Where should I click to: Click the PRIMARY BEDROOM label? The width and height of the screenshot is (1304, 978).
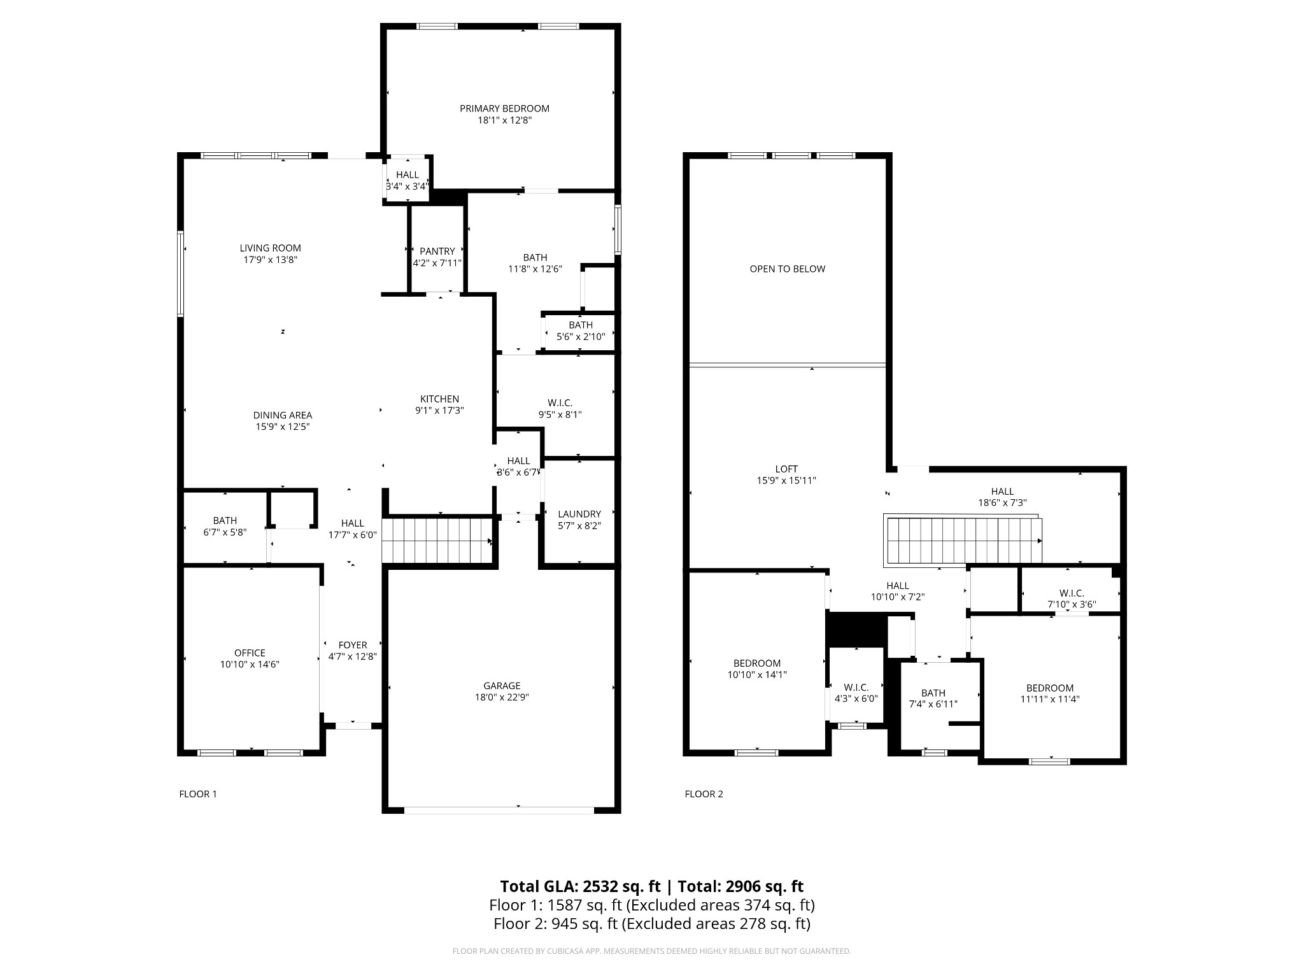click(x=504, y=109)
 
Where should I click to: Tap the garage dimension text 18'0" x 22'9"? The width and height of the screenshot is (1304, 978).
click(x=502, y=697)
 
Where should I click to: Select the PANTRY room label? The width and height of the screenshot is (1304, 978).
click(x=437, y=252)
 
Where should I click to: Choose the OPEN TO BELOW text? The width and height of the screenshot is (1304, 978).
click(x=787, y=269)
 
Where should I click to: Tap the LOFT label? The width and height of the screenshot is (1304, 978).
click(x=786, y=469)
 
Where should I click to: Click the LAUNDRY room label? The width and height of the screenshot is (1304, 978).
click(x=579, y=514)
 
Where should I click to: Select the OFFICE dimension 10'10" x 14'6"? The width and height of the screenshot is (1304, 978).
click(x=250, y=665)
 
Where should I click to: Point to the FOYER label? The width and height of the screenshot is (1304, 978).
click(x=353, y=645)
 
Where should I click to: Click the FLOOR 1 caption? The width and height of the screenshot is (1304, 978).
click(x=198, y=794)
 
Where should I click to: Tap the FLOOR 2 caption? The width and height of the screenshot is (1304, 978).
click(x=704, y=794)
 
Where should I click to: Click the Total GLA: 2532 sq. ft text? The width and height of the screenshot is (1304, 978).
click(x=579, y=886)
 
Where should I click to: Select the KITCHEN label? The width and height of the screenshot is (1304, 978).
click(x=439, y=399)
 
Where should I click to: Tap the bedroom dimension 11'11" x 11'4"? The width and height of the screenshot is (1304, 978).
click(x=1049, y=699)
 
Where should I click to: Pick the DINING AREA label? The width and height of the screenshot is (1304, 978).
click(x=283, y=415)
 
